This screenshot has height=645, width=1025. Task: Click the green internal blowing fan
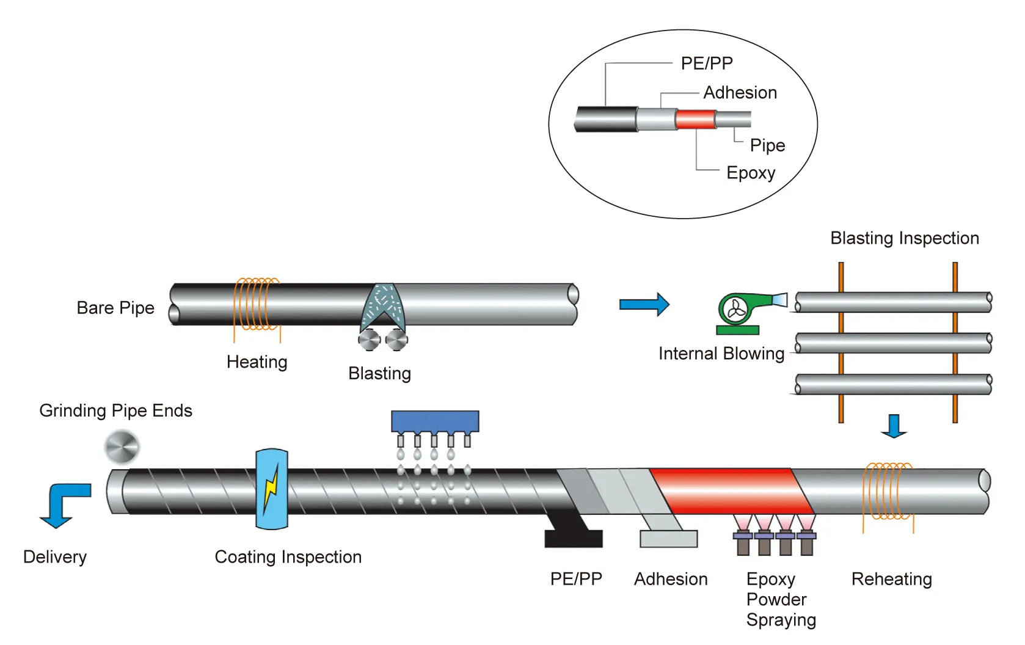pyautogui.click(x=737, y=310)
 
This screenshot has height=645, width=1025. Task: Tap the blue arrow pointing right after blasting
pyautogui.click(x=644, y=304)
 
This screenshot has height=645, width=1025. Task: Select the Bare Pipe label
pyautogui.click(x=115, y=308)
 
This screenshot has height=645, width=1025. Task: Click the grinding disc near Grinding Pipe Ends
pyautogui.click(x=122, y=447)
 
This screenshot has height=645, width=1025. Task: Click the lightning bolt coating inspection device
pyautogui.click(x=272, y=489)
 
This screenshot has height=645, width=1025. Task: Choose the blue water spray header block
pyautogui.click(x=435, y=421)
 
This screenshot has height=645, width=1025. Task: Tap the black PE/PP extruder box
pyautogui.click(x=574, y=538)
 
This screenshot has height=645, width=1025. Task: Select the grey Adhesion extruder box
pyautogui.click(x=668, y=538)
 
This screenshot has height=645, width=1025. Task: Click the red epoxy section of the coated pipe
pyautogui.click(x=730, y=490)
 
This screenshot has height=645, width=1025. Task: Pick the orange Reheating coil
pyautogui.click(x=888, y=492)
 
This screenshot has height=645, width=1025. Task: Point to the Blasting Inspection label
pyautogui.click(x=904, y=238)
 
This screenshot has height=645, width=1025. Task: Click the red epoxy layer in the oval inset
pyautogui.click(x=696, y=119)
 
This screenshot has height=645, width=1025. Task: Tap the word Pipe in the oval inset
pyautogui.click(x=767, y=145)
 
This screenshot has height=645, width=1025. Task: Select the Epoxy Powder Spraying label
pyautogui.click(x=780, y=599)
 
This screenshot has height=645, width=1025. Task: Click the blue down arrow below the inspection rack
pyautogui.click(x=894, y=426)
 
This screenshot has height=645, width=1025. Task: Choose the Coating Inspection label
pyautogui.click(x=288, y=557)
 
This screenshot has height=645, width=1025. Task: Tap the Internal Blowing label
pyautogui.click(x=721, y=354)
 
